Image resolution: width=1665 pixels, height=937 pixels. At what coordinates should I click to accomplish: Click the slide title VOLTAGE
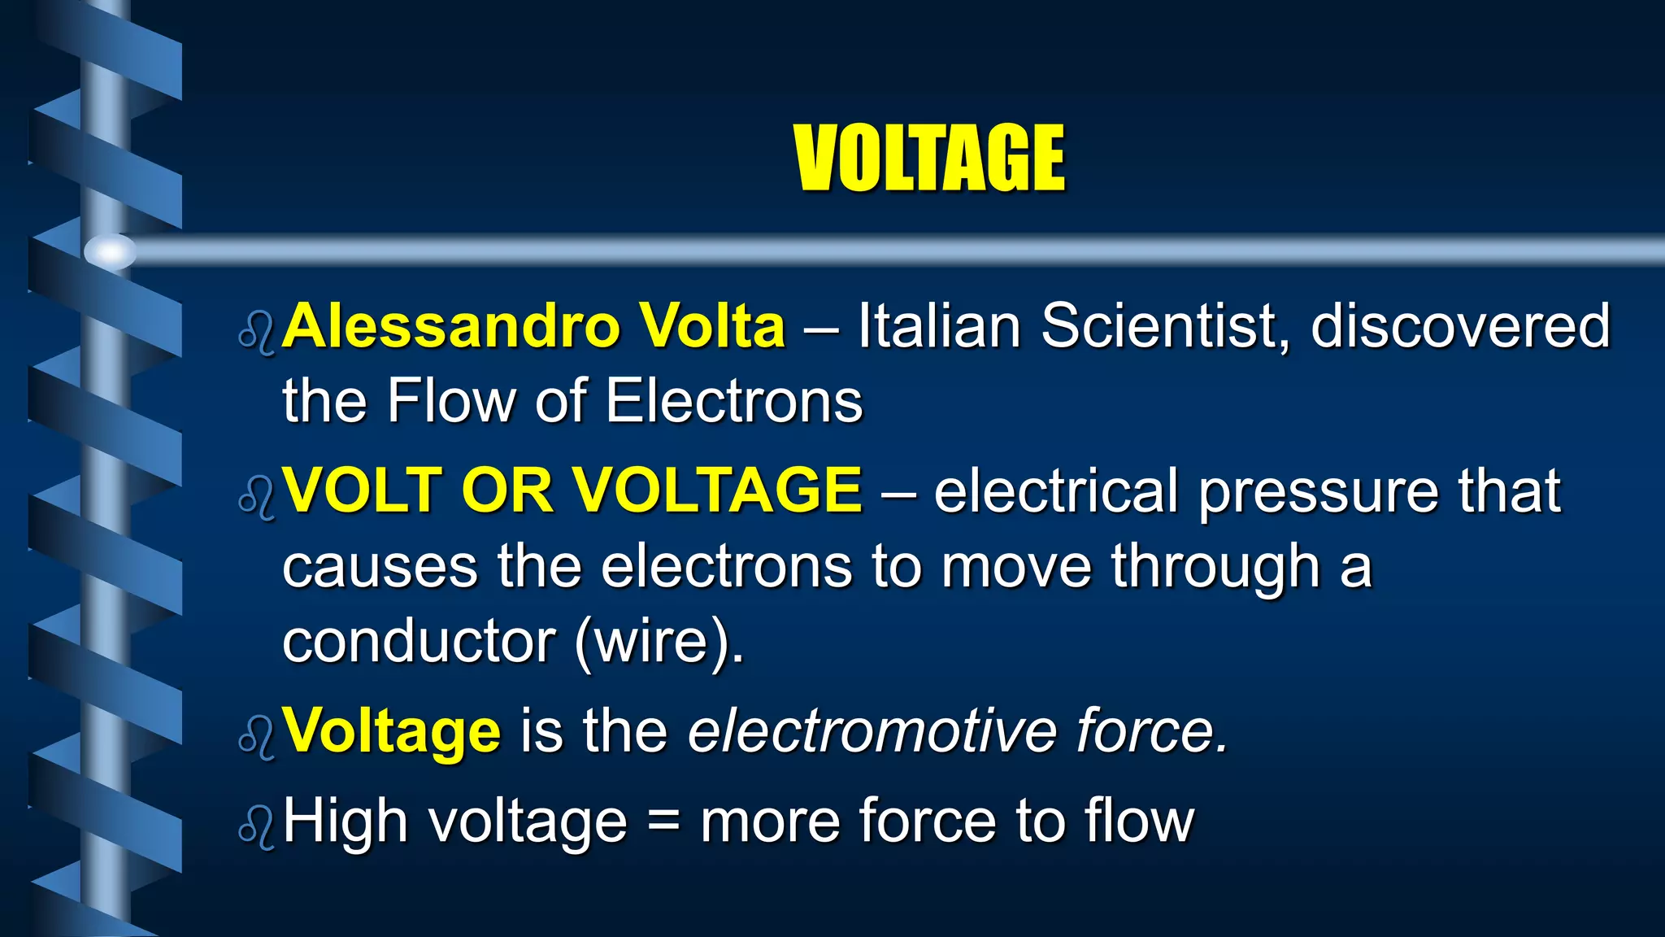(x=928, y=159)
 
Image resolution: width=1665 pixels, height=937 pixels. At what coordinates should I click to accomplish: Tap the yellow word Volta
(x=711, y=326)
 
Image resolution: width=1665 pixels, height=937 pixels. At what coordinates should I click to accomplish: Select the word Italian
(x=939, y=326)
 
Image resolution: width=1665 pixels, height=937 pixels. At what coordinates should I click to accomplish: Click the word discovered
(x=1460, y=326)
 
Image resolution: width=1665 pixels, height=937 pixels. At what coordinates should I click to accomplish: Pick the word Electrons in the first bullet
(x=733, y=401)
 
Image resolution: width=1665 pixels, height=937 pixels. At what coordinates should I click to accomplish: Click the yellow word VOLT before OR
(x=362, y=490)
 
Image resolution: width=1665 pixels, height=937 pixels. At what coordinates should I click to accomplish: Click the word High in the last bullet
(x=345, y=822)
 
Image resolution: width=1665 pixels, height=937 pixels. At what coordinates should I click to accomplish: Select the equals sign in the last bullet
(x=663, y=822)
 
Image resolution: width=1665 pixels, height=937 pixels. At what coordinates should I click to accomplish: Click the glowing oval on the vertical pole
(x=111, y=251)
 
